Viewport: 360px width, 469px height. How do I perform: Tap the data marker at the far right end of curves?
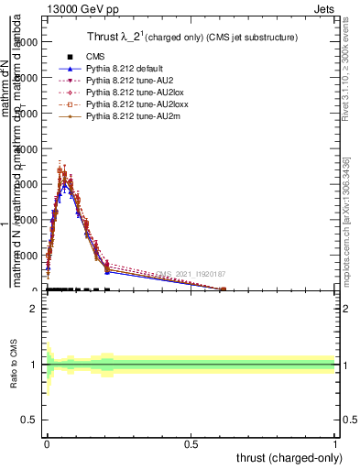point(224,289)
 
